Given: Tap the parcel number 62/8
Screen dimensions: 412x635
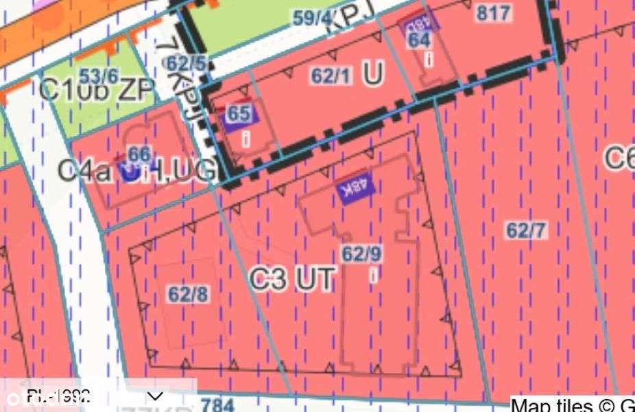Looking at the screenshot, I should (x=188, y=295).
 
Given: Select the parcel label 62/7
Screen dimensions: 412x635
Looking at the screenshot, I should (x=526, y=231).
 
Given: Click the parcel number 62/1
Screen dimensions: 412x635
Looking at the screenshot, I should (x=331, y=76).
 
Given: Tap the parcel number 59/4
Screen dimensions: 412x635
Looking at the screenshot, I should (x=311, y=18).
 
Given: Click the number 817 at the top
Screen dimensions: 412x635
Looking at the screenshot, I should (x=493, y=12).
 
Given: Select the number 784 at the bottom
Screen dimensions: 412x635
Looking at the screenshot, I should (x=218, y=404).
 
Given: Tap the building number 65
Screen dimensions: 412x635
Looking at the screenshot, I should (x=238, y=113).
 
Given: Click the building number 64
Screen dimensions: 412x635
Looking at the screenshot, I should (x=419, y=40).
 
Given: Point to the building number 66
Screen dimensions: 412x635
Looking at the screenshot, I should (x=139, y=154).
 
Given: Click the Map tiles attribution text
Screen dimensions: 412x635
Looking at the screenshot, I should (x=573, y=405).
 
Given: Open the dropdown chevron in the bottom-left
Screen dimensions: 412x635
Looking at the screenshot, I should (x=156, y=396).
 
